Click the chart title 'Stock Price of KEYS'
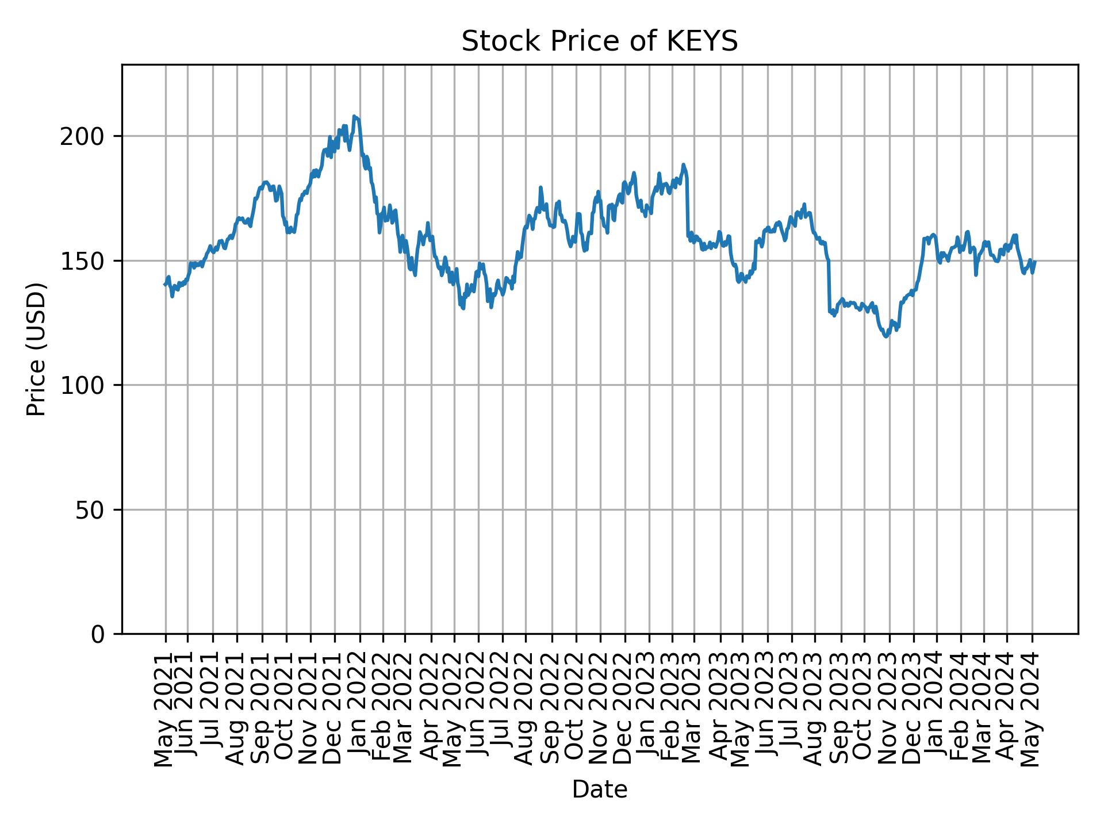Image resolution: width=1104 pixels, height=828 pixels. click(x=599, y=42)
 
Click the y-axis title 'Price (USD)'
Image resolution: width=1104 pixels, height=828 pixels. click(x=36, y=349)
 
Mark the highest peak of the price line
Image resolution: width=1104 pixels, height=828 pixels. click(x=354, y=116)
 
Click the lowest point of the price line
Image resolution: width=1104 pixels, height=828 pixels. click(x=886, y=337)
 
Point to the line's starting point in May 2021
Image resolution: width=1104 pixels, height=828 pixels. click(x=164, y=285)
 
